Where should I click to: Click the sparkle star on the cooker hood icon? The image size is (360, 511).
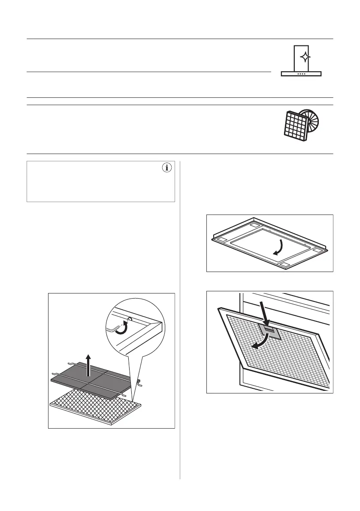click(303, 57)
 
